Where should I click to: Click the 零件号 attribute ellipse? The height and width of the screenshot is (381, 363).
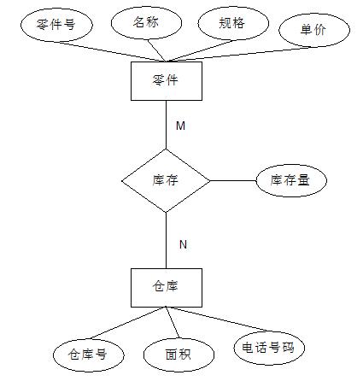pos(56,25)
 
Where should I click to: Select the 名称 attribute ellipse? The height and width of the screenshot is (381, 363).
pos(146,22)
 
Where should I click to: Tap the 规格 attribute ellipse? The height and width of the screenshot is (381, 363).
pos(233,23)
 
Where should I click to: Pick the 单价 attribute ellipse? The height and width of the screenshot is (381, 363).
pos(314,30)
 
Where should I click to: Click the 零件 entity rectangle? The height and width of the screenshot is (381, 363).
pos(167,81)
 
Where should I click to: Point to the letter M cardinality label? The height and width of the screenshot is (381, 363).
pos(181,126)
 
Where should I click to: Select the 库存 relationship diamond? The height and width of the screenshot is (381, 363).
pos(166,180)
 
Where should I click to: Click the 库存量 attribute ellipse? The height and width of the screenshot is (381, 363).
pos(291,180)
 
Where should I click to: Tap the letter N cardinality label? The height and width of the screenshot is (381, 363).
pos(183,244)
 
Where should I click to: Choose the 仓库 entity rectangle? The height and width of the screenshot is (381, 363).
pos(167,288)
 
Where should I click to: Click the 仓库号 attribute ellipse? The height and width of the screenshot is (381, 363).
pos(89,355)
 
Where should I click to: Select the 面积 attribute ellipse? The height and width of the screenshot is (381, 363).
pos(179,355)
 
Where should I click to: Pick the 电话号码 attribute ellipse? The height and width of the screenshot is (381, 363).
pos(269,349)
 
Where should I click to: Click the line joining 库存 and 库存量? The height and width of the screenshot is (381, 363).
pos(233,180)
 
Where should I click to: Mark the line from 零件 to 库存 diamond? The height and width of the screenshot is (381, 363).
pos(167,125)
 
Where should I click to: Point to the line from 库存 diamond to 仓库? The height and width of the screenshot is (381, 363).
pos(167,240)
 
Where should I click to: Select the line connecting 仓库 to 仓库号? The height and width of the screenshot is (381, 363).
pos(127,323)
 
